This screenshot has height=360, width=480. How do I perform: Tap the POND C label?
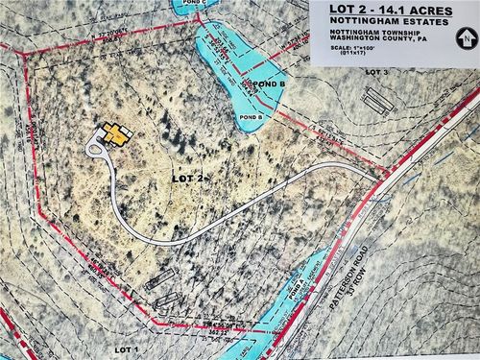click(193, 4)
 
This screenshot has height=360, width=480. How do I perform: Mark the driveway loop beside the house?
click(96, 148)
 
